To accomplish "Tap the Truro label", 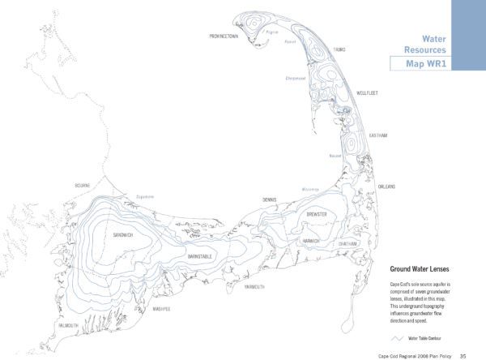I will pyautogui.click(x=339, y=49).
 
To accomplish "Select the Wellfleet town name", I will pyautogui.click(x=367, y=93).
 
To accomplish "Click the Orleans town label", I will pyautogui.click(x=386, y=186).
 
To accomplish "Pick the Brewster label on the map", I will pyautogui.click(x=316, y=213).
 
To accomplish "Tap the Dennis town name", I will pyautogui.click(x=270, y=199).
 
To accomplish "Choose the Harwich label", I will pyautogui.click(x=311, y=241).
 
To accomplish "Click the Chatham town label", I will pyautogui.click(x=347, y=243).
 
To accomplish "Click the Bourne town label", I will pyautogui.click(x=83, y=186).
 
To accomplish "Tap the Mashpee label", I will pyautogui.click(x=163, y=309).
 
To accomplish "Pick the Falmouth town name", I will pyautogui.click(x=66, y=325).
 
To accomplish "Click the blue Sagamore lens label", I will pyautogui.click(x=143, y=196).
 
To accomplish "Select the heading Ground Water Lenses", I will pyautogui.click(x=420, y=268).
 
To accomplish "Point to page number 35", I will pyautogui.click(x=462, y=354).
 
